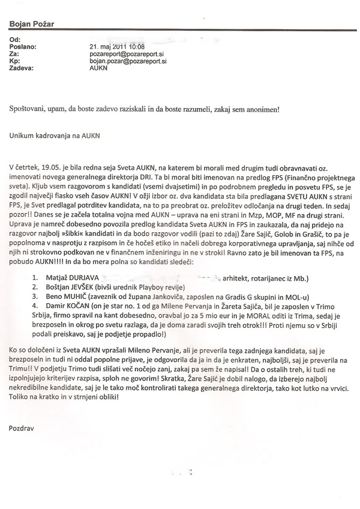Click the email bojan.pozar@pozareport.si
(128, 61)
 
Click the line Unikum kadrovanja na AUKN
(54, 136)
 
